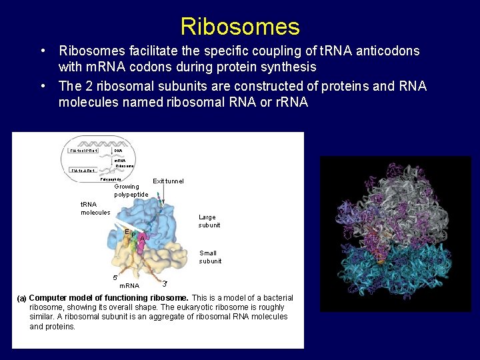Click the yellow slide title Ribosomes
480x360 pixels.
pyautogui.click(x=240, y=27)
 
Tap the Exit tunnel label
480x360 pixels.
pyautogui.click(x=168, y=181)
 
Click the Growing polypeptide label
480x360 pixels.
pyautogui.click(x=131, y=191)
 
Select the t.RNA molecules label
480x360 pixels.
pyautogui.click(x=95, y=209)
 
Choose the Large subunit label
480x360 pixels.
pyautogui.click(x=209, y=221)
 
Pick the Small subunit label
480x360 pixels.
pyautogui.click(x=210, y=257)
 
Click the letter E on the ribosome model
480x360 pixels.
pyautogui.click(x=126, y=231)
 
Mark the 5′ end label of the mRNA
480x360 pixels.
pyautogui.click(x=115, y=277)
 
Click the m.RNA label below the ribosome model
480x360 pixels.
pyautogui.click(x=129, y=286)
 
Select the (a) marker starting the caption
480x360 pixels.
pyautogui.click(x=21, y=297)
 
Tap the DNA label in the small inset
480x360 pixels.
pyautogui.click(x=118, y=151)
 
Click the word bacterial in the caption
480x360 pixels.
pyautogui.click(x=275, y=297)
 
